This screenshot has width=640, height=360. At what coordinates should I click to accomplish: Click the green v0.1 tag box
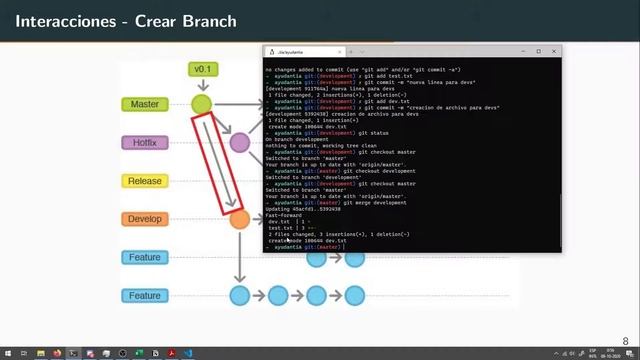[x=203, y=69]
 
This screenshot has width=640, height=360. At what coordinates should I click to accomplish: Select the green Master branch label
[x=144, y=104]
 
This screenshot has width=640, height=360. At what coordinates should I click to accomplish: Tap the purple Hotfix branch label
[x=144, y=143]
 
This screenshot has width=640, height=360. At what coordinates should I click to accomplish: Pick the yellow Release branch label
[x=144, y=181]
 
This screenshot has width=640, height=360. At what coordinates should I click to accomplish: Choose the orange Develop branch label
[x=144, y=219]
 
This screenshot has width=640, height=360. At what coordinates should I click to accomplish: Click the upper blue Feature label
[x=144, y=257]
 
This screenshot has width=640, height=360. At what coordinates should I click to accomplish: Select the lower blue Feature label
[x=144, y=295]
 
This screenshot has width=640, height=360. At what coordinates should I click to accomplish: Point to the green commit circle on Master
[x=202, y=104]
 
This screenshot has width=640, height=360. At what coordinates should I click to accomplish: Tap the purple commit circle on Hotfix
[x=239, y=142]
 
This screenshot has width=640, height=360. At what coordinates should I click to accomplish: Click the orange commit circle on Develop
[x=239, y=219]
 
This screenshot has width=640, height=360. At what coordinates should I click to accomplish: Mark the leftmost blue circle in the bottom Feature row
[x=239, y=295]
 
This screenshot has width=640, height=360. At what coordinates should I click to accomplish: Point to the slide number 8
[x=626, y=341]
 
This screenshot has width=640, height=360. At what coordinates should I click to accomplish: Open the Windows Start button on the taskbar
[x=7, y=353]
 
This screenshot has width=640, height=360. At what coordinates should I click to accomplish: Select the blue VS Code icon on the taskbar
[x=217, y=353]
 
